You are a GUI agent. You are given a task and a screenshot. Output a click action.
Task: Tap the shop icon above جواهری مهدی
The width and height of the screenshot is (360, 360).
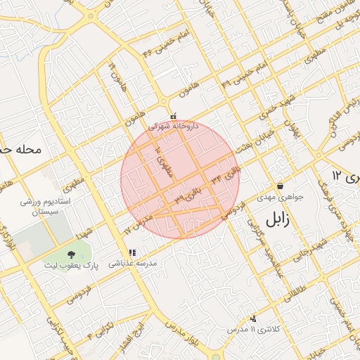tap(281, 186)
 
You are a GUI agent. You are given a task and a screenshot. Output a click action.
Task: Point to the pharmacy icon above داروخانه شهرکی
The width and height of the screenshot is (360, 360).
tap(174, 116)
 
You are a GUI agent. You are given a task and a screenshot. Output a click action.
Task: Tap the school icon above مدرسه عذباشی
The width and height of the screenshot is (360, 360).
tap(131, 252)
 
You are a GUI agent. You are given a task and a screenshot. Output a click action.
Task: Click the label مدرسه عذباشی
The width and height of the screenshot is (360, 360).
tap(131, 264)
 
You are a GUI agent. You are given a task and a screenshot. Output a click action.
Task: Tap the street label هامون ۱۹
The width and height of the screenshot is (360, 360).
tap(113, 72)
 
